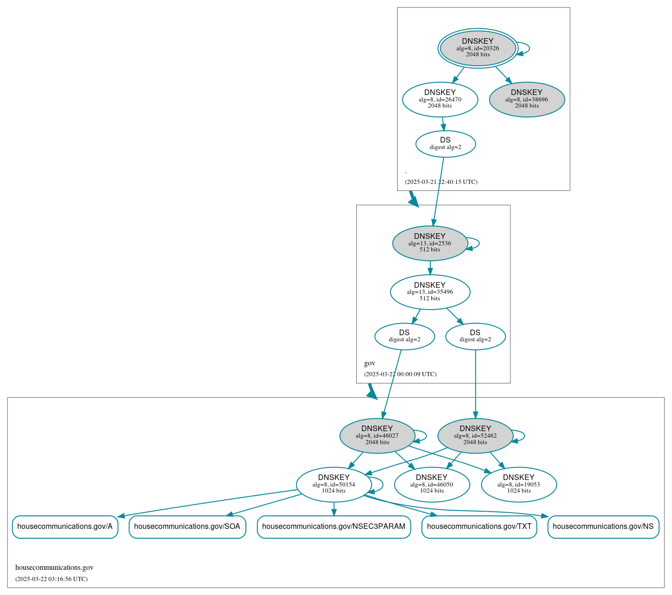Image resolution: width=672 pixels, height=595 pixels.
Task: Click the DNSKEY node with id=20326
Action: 478,48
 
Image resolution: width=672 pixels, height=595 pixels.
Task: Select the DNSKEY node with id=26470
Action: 440,99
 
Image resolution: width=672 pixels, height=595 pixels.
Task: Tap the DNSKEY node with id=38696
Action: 527,99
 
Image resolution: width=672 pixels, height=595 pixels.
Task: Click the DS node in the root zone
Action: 445,144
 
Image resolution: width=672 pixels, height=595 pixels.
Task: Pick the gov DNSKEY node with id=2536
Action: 430,243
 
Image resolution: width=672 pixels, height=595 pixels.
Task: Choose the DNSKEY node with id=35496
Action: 430,292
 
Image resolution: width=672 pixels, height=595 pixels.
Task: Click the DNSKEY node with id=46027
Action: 377,435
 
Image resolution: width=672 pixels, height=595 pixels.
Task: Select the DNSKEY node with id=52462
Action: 475,435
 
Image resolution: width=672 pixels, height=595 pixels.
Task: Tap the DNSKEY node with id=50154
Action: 333,484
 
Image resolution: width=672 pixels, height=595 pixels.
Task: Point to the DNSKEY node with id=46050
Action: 432,484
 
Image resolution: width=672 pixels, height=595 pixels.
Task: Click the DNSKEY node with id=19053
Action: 519,484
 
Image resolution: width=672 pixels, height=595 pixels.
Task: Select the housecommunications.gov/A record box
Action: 65,527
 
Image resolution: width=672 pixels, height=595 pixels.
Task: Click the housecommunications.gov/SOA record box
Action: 187,527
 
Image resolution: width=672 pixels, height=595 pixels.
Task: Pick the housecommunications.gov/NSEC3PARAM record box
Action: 333,527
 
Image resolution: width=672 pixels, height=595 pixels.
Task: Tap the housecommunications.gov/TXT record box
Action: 479,527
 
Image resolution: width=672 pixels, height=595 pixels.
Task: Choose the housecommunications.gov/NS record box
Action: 603,527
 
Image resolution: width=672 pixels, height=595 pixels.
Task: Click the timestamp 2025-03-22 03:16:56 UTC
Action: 51,579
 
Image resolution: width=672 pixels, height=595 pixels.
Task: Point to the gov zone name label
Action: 370,363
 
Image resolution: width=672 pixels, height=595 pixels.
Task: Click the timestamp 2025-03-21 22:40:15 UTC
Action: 441,182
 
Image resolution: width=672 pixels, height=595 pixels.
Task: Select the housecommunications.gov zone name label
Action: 54,568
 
